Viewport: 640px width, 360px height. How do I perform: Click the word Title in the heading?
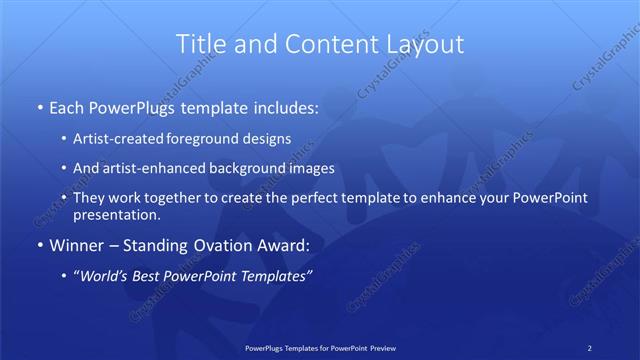(200, 44)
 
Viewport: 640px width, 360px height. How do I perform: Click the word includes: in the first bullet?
(282, 105)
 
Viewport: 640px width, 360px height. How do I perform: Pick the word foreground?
(207, 140)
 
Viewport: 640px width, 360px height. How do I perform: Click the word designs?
(268, 140)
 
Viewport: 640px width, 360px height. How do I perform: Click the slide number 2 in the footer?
(590, 348)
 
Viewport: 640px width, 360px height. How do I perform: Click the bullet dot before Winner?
(37, 245)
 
